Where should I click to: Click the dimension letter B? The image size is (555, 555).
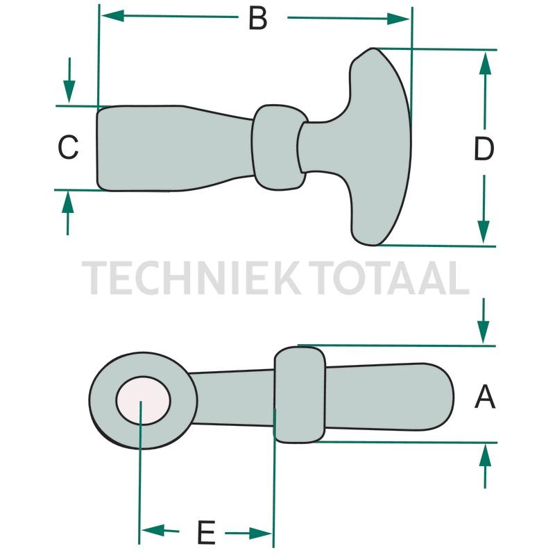257,19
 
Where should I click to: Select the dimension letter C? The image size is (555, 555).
68,147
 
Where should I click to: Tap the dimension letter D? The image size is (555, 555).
484,148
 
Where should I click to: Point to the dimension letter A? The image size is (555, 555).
485,397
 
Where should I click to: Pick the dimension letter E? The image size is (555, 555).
206,532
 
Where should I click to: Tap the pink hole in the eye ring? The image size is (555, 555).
144,400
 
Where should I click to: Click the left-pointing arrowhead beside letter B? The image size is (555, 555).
112,15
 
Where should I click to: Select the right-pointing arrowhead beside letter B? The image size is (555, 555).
398,19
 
